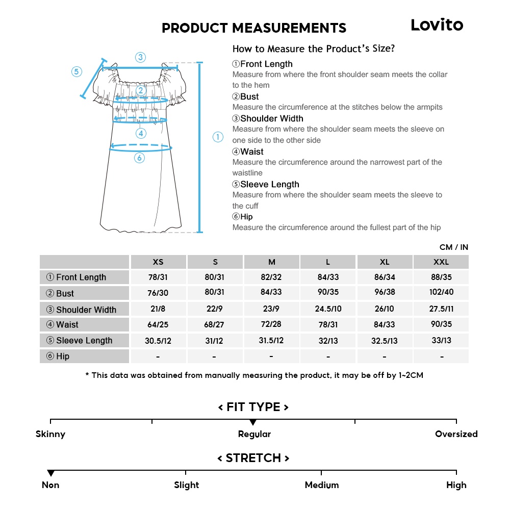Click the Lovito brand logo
[437, 25]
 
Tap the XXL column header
[441, 262]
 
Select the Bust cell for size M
[271, 292]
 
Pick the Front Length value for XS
[158, 277]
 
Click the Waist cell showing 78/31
[328, 324]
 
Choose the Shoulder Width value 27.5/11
[441, 309]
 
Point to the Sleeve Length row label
[84, 341]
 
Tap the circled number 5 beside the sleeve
[76, 71]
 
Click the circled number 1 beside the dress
[218, 137]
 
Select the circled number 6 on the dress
[140, 158]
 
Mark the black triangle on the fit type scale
[253, 423]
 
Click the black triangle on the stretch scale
[50, 474]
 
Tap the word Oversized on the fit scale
[456, 434]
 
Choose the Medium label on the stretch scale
[321, 485]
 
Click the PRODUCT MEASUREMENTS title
[253, 28]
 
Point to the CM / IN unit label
[453, 247]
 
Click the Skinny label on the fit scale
[50, 434]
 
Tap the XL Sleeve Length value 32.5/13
[385, 341]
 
